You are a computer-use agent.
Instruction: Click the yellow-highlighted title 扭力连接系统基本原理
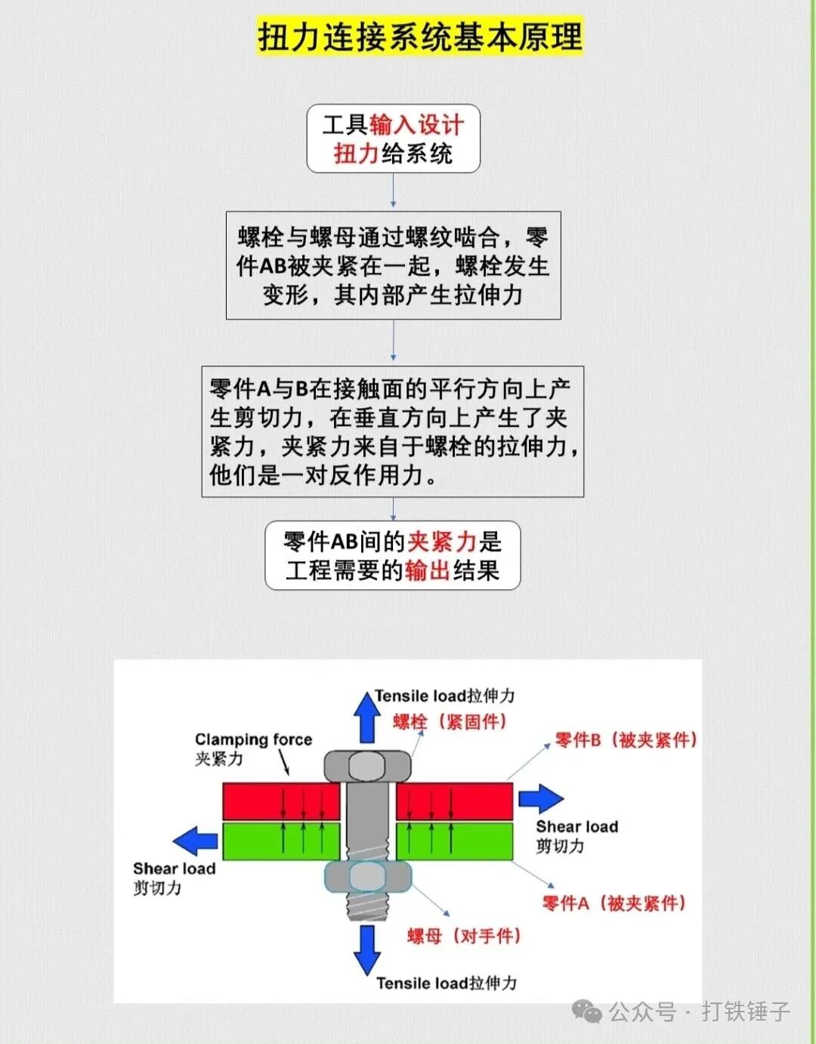point(420,36)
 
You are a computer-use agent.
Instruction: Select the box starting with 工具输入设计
point(393,139)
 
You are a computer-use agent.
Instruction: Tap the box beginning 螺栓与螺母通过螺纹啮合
point(393,265)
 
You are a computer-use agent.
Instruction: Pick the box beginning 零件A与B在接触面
point(392,431)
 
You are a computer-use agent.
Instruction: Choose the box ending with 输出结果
point(392,555)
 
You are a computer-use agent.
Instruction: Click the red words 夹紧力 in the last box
point(442,541)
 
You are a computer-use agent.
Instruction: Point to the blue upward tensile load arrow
point(367,718)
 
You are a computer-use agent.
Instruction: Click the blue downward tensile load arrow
point(367,949)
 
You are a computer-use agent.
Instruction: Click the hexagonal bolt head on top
point(368,766)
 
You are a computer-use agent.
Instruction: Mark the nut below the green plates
point(368,876)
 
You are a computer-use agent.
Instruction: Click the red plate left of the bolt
point(281,802)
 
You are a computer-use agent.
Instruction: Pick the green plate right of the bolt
point(455,841)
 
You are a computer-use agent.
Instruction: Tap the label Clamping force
point(253,740)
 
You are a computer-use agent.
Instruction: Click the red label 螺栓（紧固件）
point(450,721)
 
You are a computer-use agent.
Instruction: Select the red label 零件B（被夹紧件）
point(626,740)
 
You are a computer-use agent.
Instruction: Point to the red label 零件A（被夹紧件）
point(614,903)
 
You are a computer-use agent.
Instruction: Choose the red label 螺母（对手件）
point(464,936)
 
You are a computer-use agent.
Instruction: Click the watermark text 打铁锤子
point(745,1011)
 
